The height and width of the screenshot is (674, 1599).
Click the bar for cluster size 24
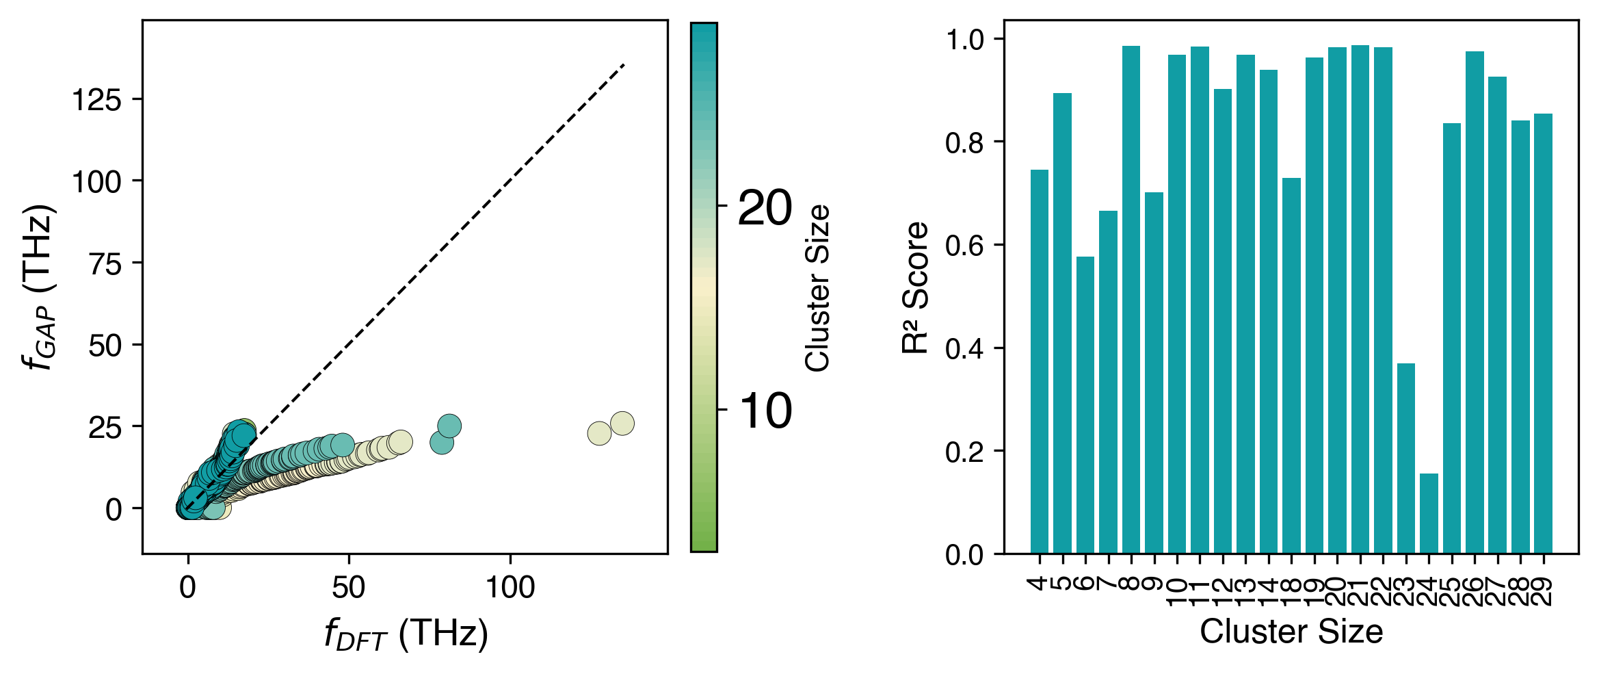1429,513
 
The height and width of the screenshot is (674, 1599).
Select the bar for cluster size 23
1405,458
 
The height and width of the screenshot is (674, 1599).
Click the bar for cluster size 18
1291,365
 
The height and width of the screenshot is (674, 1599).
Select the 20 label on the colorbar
765,207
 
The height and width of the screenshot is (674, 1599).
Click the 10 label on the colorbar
765,411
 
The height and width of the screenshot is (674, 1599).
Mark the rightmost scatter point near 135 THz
622,424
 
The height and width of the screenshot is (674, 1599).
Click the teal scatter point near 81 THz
449,426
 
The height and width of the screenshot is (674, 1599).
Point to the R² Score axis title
914,287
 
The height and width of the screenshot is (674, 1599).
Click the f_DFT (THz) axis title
406,634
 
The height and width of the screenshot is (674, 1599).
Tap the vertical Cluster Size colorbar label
817,287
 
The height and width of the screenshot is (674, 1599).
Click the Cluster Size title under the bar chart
1291,632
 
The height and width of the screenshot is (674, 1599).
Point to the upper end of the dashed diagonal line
624,65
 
